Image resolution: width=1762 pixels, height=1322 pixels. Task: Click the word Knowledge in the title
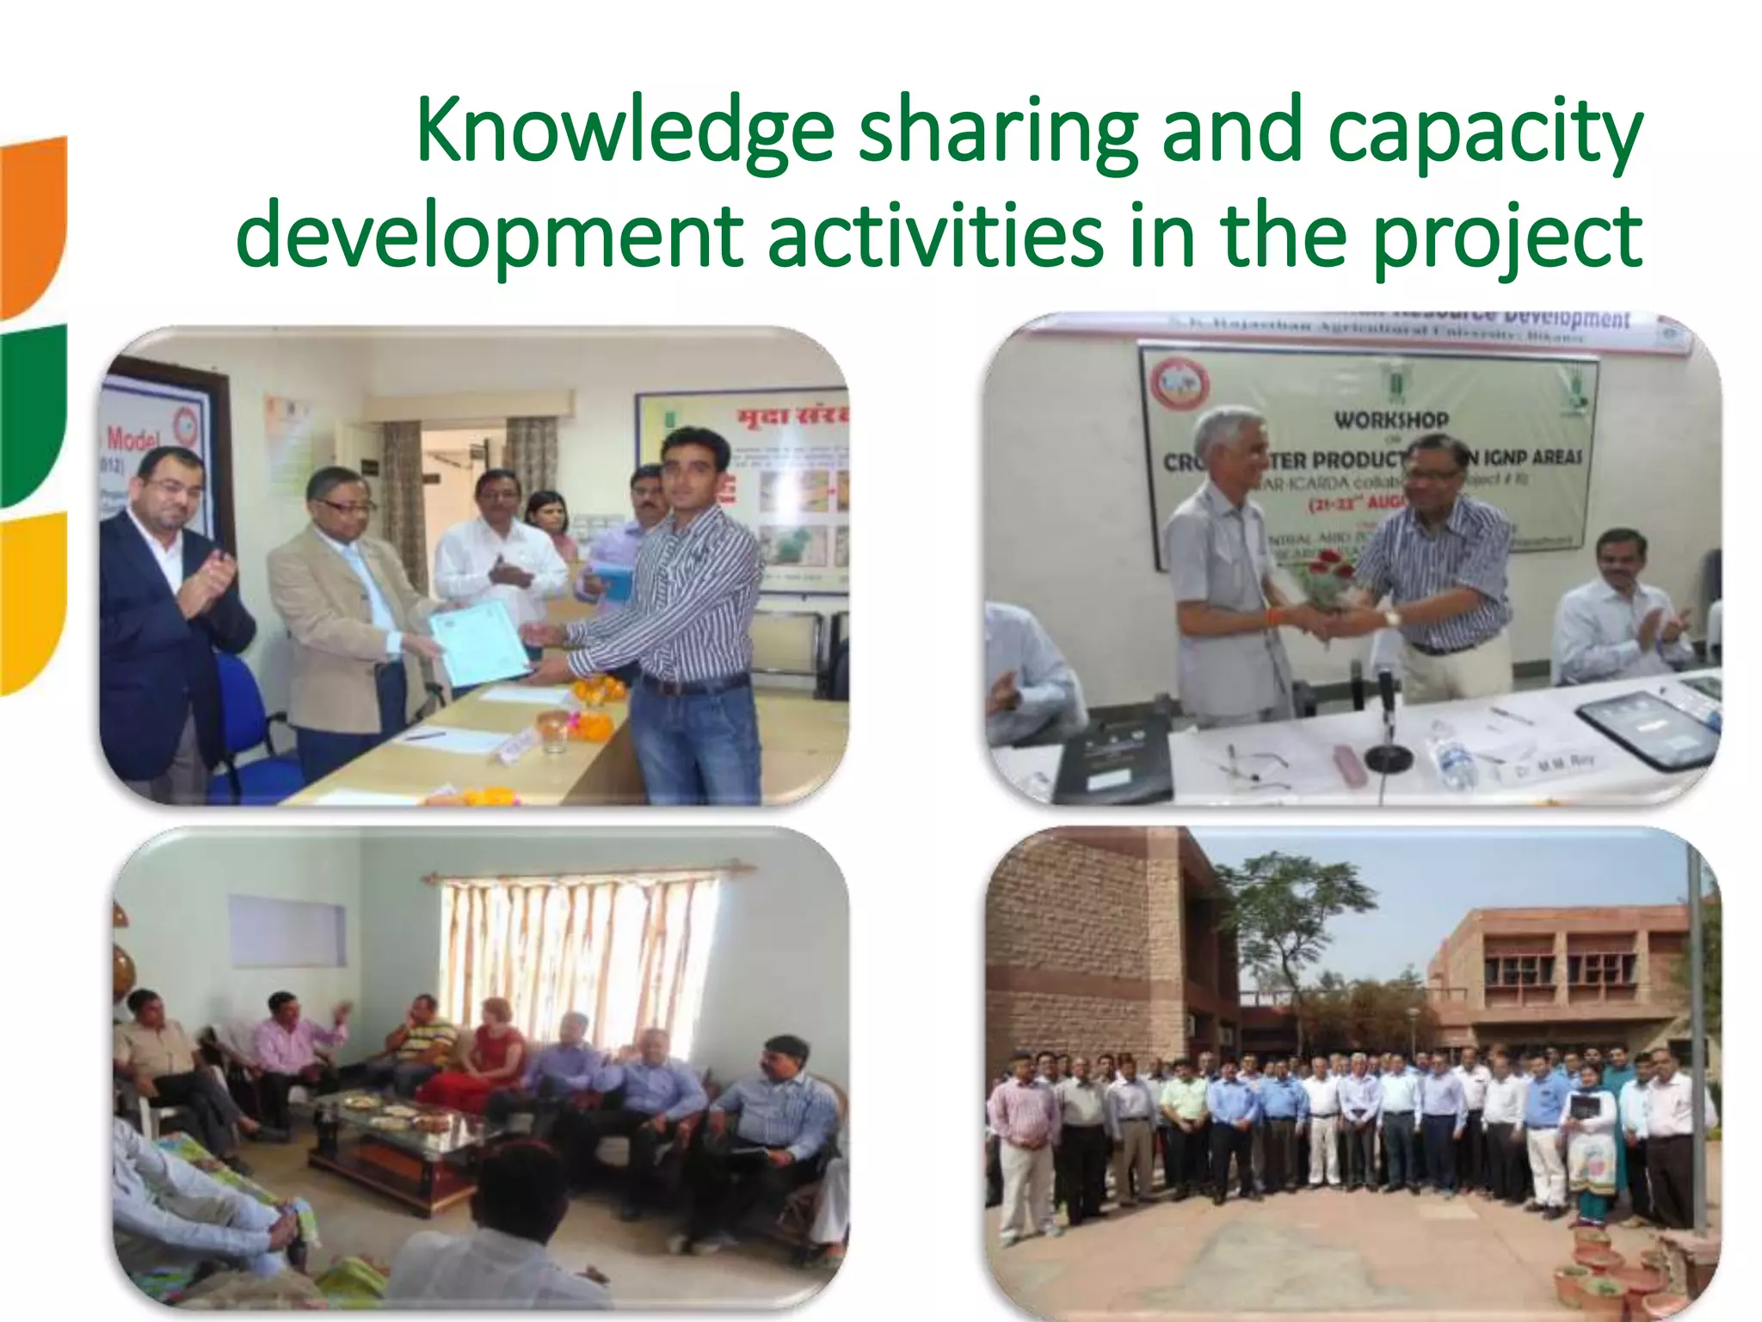coord(625,132)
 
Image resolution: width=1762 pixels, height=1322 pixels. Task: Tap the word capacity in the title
coord(1485,132)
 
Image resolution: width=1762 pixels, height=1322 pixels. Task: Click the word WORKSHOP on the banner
coord(1391,420)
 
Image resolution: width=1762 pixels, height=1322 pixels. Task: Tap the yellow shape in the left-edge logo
coord(33,602)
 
